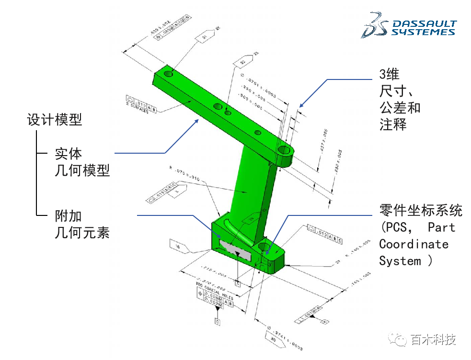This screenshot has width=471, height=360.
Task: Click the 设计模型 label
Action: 55,120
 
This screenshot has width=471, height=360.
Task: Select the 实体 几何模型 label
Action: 82,162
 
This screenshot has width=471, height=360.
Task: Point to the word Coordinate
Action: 414,244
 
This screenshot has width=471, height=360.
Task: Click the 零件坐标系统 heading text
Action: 421,210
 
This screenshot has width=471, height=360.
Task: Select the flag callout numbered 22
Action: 243,62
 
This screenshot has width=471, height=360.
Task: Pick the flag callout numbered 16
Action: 179,247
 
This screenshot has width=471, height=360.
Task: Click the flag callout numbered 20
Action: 273,338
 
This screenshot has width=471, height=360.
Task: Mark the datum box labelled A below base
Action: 238,283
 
